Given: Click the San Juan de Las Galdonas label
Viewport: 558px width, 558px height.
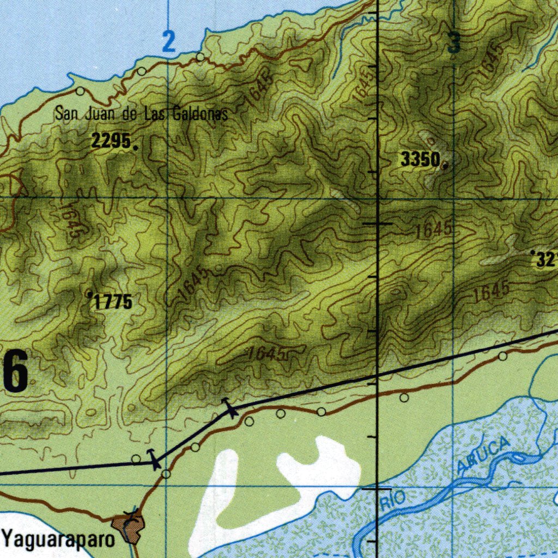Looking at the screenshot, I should [141, 114].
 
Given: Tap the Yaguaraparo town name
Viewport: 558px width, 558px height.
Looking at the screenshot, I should [59, 539].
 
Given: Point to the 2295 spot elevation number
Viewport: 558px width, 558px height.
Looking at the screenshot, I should [111, 142].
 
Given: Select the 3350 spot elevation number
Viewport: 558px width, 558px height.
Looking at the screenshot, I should [420, 160].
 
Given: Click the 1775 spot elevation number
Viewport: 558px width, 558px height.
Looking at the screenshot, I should [113, 301].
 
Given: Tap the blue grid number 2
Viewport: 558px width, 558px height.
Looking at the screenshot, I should [169, 42].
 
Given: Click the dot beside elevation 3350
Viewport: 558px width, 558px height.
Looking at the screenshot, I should [445, 166].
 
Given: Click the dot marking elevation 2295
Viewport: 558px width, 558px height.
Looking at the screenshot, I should [135, 146].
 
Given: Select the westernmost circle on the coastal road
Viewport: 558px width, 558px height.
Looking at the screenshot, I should [80, 91].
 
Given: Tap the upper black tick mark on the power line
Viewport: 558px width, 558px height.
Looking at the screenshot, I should [229, 407].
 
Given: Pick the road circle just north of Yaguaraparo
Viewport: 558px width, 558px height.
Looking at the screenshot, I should [166, 474].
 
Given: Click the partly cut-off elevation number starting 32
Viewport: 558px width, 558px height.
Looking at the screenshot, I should [546, 260].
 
